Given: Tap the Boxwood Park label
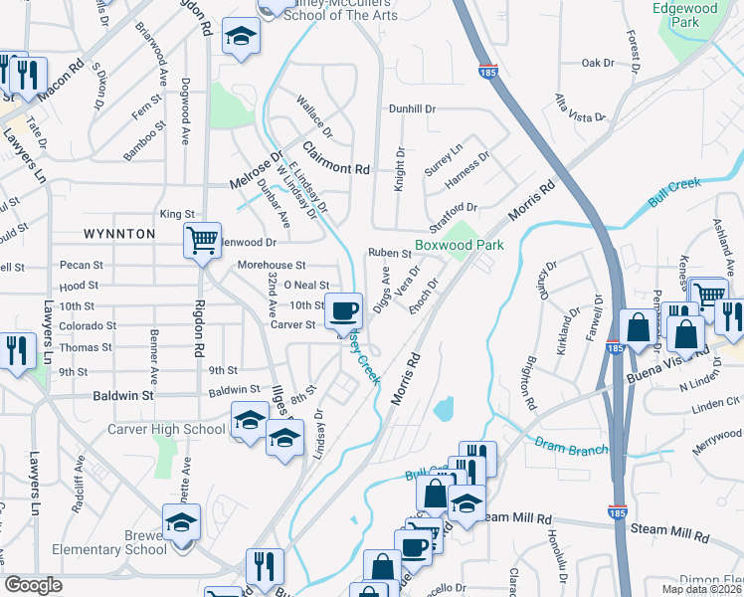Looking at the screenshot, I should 460,244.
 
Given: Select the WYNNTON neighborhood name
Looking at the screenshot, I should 118,234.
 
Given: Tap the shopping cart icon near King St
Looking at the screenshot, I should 202,239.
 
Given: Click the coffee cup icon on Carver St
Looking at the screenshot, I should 344,310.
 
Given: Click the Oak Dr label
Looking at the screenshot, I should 598,63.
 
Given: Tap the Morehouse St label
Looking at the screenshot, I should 272,266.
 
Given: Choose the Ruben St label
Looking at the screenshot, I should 390,254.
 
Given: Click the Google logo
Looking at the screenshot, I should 34,584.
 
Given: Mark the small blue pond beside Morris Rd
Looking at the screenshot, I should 444,408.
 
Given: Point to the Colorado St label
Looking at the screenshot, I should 88,325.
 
